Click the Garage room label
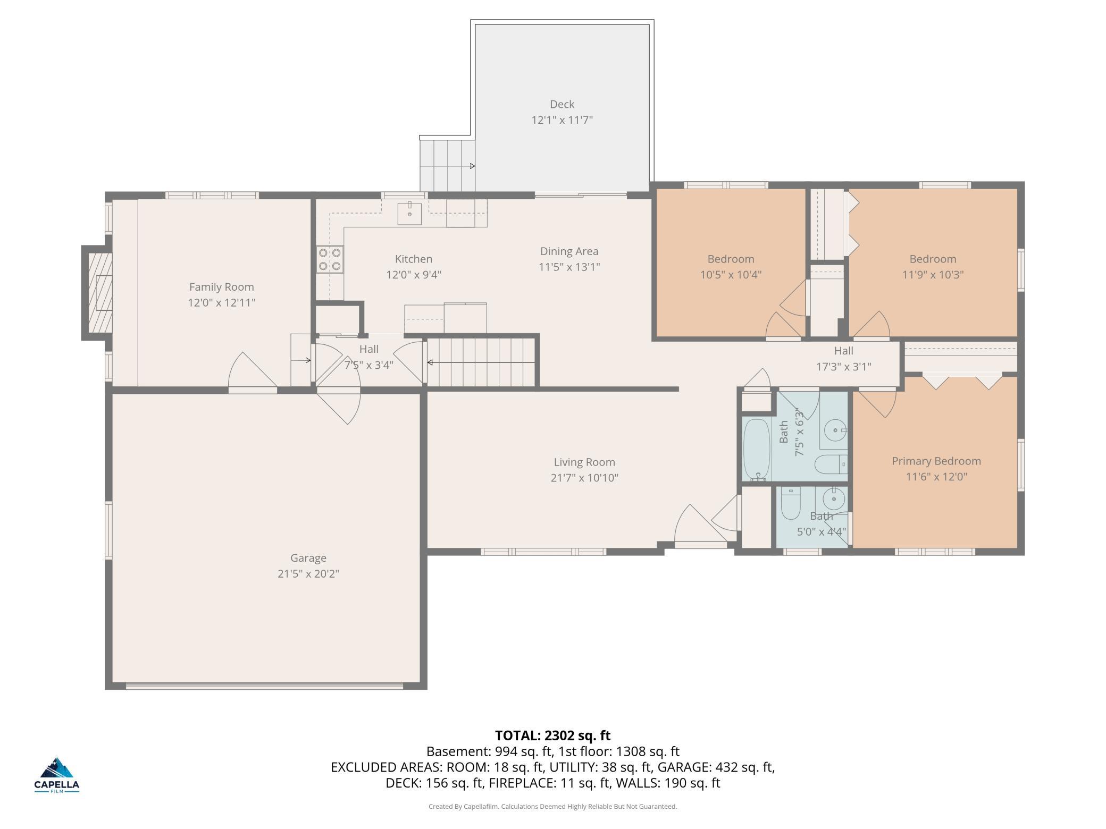(x=308, y=558)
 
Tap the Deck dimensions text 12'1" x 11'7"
(x=562, y=120)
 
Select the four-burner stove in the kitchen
(x=330, y=259)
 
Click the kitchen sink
(x=409, y=213)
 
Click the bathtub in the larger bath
(x=756, y=450)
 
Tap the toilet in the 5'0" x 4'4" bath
(x=791, y=503)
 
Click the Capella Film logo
(x=57, y=775)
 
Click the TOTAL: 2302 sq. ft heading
(x=553, y=735)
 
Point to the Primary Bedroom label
(x=936, y=461)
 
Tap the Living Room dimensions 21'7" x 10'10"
(x=584, y=478)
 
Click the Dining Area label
(x=569, y=251)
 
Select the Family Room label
(x=222, y=287)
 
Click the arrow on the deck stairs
(x=448, y=166)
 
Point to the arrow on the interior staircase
(x=481, y=363)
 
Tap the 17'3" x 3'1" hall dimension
(x=844, y=366)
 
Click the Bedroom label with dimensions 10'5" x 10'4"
(x=731, y=259)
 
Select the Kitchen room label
(x=414, y=259)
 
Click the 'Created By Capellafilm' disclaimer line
(x=553, y=806)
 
